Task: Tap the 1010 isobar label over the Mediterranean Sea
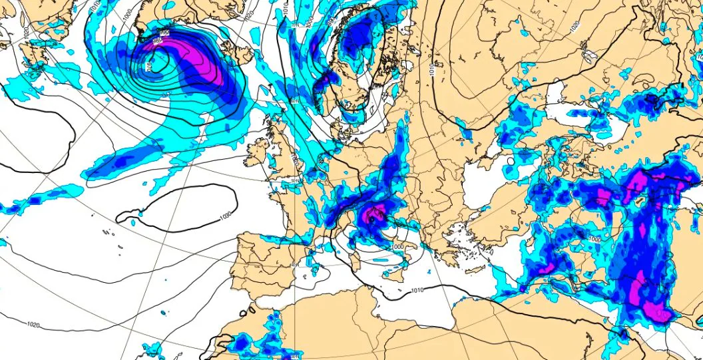(417, 290)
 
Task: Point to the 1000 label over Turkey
(594, 238)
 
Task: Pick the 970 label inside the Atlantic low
(148, 65)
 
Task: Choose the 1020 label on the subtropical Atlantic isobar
(33, 324)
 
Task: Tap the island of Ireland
(257, 154)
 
